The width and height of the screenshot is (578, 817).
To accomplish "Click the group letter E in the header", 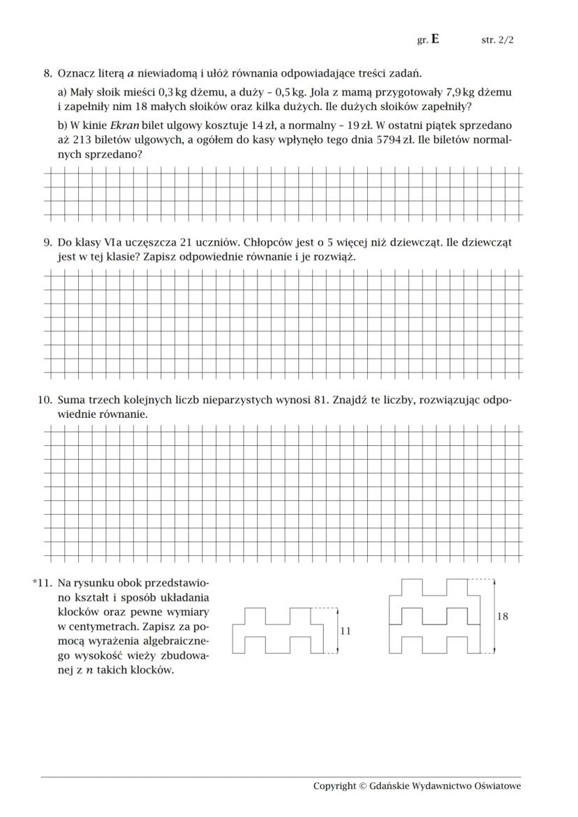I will (x=435, y=40).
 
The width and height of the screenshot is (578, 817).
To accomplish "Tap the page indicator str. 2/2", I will (x=497, y=40).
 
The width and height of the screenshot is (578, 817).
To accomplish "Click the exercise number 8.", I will (x=47, y=73).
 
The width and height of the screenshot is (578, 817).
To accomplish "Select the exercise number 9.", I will (x=47, y=242).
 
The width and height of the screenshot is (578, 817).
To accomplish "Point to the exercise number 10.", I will (x=45, y=400).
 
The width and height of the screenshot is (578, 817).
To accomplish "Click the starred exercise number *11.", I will (x=42, y=582).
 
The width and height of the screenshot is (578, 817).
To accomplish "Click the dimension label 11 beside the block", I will (x=345, y=631).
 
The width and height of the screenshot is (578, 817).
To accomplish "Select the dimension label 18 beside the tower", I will (x=502, y=616).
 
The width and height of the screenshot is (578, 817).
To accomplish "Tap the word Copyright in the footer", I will (x=334, y=786).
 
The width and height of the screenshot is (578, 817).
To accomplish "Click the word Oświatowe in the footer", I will (x=497, y=786).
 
